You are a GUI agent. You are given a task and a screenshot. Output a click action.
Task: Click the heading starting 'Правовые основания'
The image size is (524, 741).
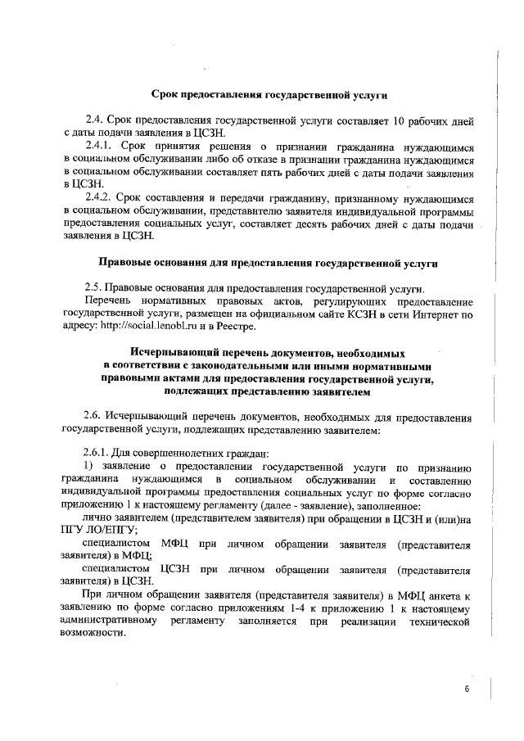coord(268,263)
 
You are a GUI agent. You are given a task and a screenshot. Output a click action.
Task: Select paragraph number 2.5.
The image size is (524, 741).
coord(97,288)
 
